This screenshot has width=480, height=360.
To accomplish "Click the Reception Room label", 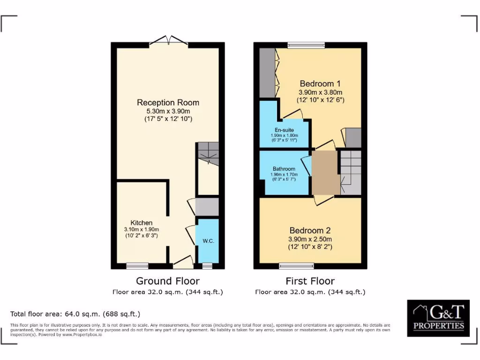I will [x=168, y=103].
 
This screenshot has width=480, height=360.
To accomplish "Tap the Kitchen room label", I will [x=141, y=223].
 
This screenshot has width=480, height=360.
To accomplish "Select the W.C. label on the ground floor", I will [x=208, y=241].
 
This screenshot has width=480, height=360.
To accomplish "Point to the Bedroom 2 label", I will [x=310, y=231].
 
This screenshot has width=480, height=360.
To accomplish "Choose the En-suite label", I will [x=284, y=130].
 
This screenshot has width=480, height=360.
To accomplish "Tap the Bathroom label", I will [x=284, y=169].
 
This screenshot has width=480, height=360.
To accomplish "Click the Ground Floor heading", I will [x=167, y=281].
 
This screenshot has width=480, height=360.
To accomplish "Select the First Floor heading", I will [x=310, y=281].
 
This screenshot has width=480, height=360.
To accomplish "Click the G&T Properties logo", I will [x=438, y=318].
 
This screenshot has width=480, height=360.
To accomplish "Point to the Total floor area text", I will [x=75, y=314].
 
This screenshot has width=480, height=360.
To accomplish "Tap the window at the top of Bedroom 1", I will [x=306, y=45].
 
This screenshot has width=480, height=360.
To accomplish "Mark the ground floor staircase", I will [x=208, y=153].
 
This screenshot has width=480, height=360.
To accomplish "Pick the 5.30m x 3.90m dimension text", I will [x=168, y=111].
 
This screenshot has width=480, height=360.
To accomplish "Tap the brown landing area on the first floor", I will [x=325, y=172].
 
